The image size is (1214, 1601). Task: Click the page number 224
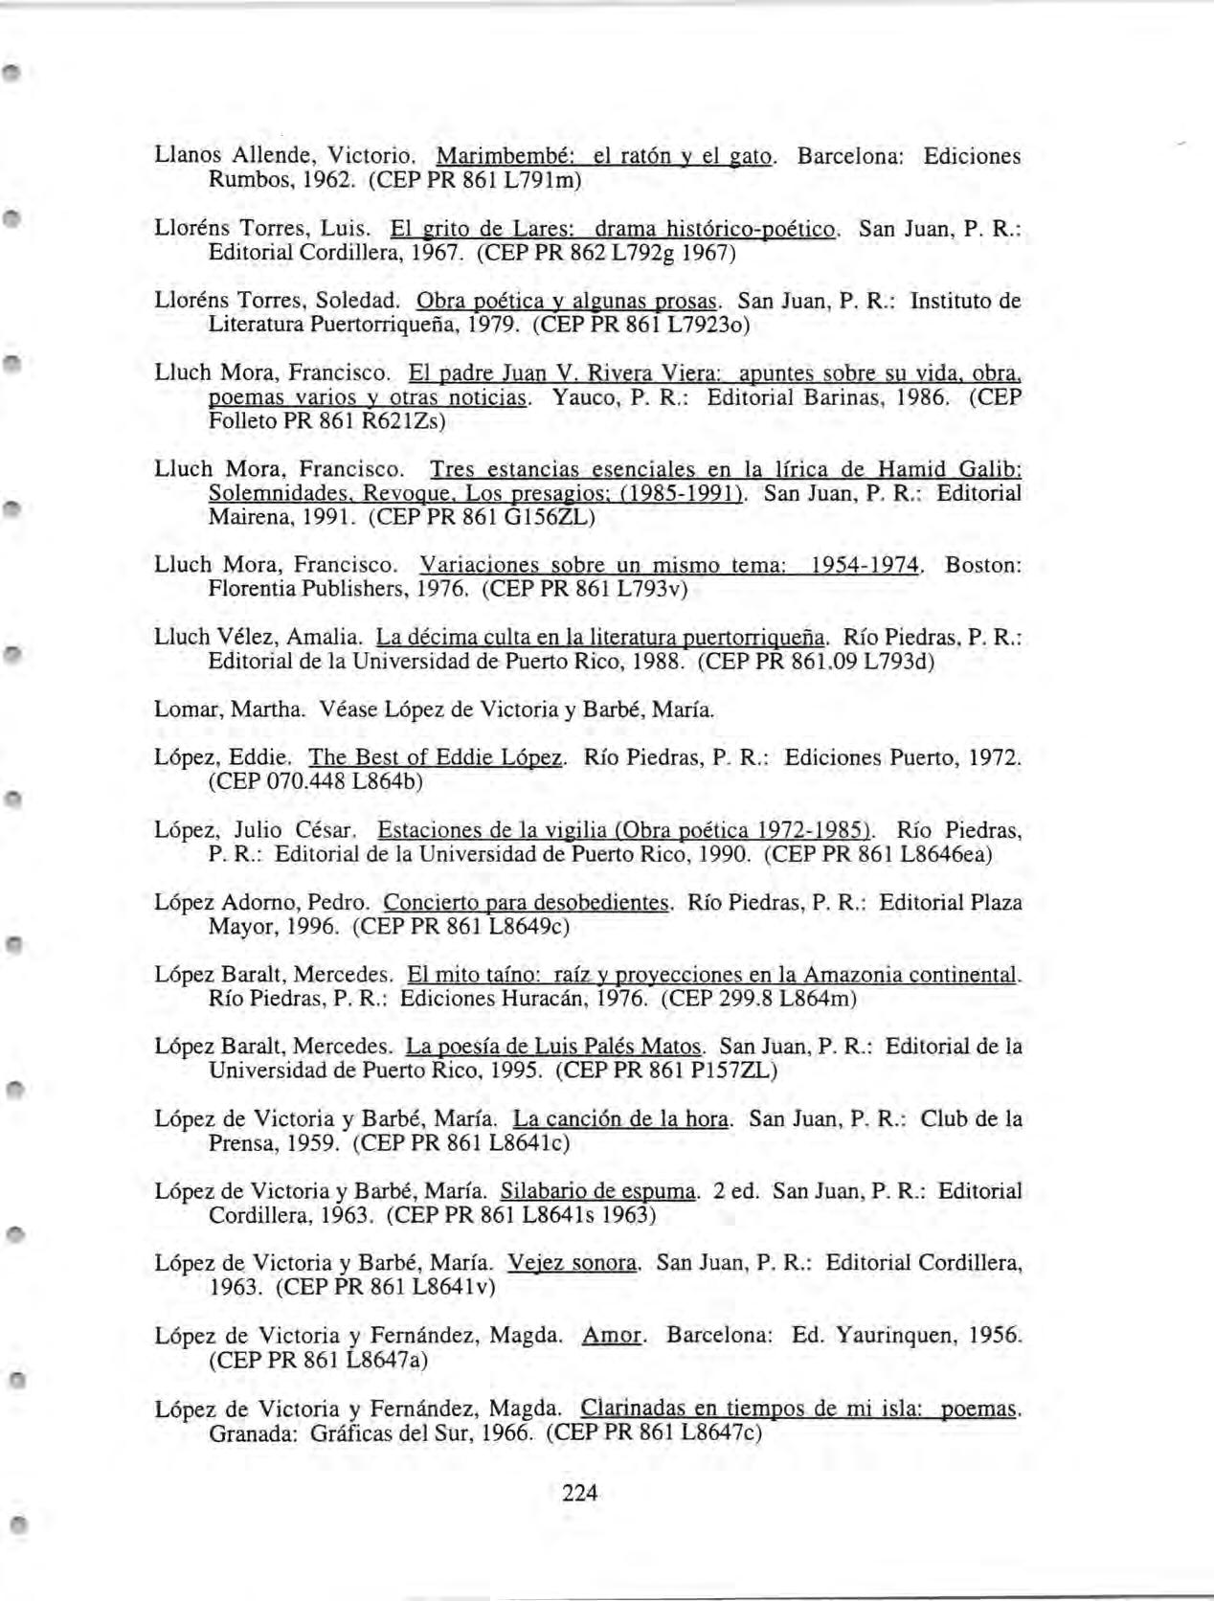580,1492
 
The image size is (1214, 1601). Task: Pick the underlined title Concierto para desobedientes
526,902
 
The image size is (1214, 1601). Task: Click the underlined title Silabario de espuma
598,1191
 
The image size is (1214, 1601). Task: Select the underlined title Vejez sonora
573,1263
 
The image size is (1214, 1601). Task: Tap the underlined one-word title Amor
612,1335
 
